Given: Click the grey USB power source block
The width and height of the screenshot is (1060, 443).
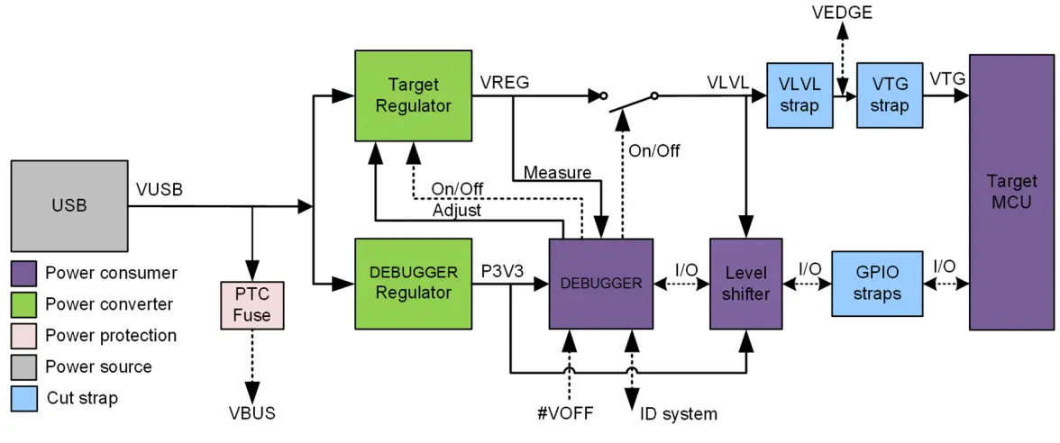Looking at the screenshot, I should pyautogui.click(x=69, y=206).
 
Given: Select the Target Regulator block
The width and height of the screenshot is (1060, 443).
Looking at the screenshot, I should pyautogui.click(x=413, y=95).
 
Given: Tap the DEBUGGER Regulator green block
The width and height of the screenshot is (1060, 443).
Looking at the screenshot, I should pyautogui.click(x=413, y=284).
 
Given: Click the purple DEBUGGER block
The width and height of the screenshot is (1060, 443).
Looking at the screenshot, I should pyautogui.click(x=601, y=284).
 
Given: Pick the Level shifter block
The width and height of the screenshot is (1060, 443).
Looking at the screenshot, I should pyautogui.click(x=745, y=284).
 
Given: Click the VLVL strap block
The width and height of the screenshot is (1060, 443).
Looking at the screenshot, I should pyautogui.click(x=799, y=95).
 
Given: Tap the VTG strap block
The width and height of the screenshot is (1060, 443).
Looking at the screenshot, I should pyautogui.click(x=890, y=95).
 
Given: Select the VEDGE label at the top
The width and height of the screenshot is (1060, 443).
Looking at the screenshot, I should pyautogui.click(x=841, y=13).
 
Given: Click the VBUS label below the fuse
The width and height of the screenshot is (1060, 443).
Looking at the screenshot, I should pyautogui.click(x=252, y=413).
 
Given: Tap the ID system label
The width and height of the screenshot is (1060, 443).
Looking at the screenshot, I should pyautogui.click(x=679, y=414).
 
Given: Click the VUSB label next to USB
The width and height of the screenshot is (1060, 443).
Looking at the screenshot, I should pyautogui.click(x=160, y=190).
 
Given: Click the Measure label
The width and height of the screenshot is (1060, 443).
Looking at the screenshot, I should pyautogui.click(x=557, y=172).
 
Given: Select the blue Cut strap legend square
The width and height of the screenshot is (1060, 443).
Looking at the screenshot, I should pyautogui.click(x=24, y=398).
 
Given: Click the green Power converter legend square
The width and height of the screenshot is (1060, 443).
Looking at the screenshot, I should pyautogui.click(x=24, y=304).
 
